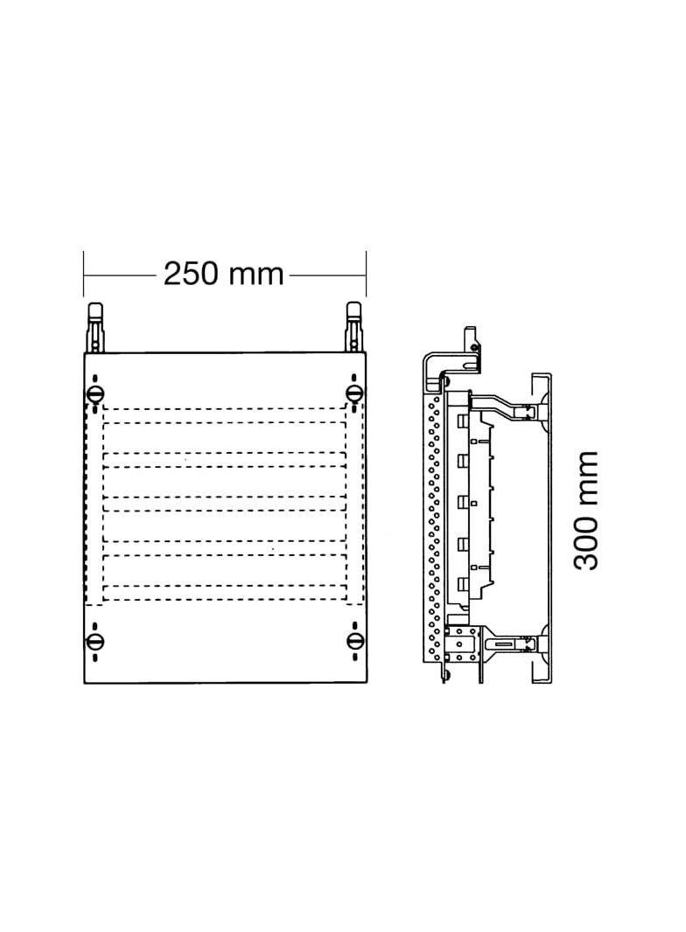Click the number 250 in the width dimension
(x=189, y=274)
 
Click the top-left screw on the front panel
(x=95, y=393)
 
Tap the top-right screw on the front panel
(x=354, y=393)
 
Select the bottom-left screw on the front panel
(x=95, y=642)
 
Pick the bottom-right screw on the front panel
(x=354, y=642)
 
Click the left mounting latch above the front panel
(x=95, y=328)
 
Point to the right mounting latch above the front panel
(x=354, y=328)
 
